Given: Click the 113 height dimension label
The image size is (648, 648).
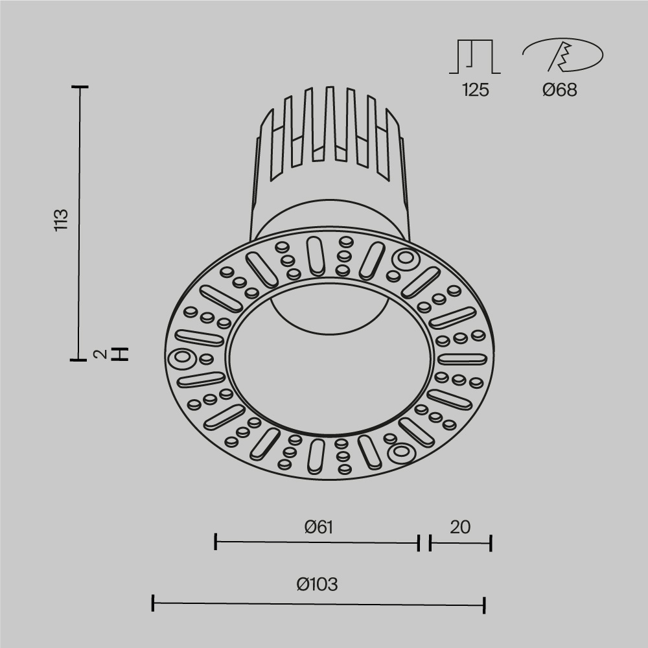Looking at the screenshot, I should tap(61, 220).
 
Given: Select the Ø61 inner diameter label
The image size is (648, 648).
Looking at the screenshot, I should tap(318, 527).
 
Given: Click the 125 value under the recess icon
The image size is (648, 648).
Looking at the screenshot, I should tap(475, 90).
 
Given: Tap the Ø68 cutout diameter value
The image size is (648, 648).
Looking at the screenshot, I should tap(559, 90).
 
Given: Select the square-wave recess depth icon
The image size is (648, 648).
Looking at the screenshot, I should tap(475, 57).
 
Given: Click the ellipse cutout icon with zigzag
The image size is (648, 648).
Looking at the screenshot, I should tap(562, 55).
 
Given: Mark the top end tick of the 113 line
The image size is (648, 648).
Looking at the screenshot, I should tap(80, 86).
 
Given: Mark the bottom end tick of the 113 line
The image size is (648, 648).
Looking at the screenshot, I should tap(80, 358).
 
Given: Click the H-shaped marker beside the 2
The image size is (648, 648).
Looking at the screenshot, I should tap(120, 354).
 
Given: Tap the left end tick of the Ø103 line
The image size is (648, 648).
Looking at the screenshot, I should tap(153, 603).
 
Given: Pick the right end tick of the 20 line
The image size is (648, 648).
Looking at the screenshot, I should tap(491, 543).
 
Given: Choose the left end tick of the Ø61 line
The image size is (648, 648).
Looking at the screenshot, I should tap(215, 542).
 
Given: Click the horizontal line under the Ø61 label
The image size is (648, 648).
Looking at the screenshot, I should tap(318, 542).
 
